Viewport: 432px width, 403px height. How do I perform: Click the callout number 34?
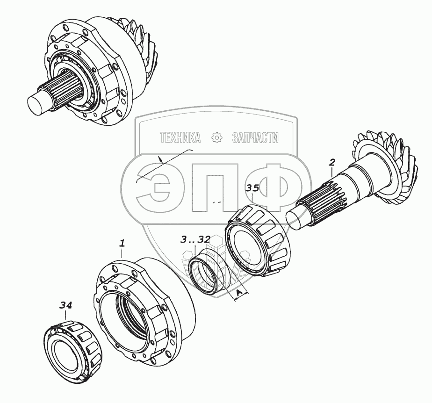66,305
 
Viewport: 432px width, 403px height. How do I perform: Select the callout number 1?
122,243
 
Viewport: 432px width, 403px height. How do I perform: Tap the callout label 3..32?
195,239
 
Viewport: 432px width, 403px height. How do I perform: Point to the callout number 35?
252,188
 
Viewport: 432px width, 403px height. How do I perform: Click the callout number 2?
332,162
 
